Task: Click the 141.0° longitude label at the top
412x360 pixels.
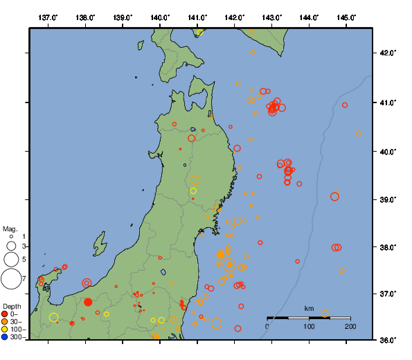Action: click(x=197, y=17)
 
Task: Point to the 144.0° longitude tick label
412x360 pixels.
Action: click(x=308, y=17)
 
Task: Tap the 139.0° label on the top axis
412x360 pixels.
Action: click(x=122, y=17)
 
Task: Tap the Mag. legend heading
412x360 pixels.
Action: click(x=10, y=228)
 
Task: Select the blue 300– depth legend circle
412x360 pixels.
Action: click(x=5, y=337)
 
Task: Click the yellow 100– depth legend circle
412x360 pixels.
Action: click(x=5, y=330)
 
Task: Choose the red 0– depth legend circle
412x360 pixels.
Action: click(x=5, y=314)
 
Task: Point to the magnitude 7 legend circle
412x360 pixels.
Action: click(x=10, y=279)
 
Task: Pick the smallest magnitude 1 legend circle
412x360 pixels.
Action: click(x=11, y=237)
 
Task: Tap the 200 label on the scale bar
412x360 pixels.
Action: click(x=350, y=326)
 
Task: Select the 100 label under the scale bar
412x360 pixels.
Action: click(x=309, y=326)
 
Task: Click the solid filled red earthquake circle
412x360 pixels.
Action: click(x=88, y=301)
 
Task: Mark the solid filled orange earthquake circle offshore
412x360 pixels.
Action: click(x=220, y=255)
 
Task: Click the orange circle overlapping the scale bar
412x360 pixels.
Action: click(x=325, y=314)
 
